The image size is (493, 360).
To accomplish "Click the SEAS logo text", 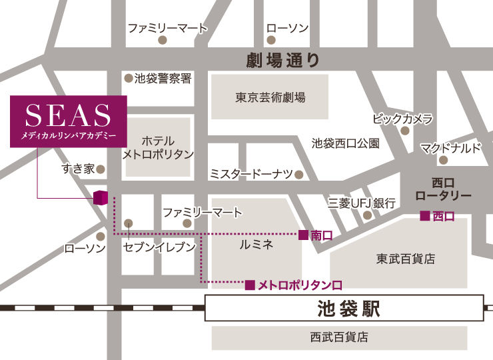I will tap(68, 115).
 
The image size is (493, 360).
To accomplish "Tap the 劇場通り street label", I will tap(283, 61).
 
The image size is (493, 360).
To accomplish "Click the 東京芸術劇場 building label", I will tap(270, 97).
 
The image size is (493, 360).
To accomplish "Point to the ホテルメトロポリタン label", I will tap(158, 147).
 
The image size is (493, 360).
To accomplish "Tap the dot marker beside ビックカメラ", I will tap(404, 131).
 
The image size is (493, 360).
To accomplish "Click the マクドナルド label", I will tap(450, 147).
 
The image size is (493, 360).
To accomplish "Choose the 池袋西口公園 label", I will tap(346, 143).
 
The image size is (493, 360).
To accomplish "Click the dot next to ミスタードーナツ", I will tap(298, 175).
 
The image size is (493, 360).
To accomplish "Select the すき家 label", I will tap(78, 169).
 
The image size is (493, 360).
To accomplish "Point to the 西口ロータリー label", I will tap(442, 188).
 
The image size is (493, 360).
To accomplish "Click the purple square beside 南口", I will tap(303, 235).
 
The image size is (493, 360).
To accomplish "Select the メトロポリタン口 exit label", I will tap(300, 285).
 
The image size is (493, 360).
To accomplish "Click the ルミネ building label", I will tap(256, 245).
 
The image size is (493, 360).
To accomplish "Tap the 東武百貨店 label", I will tap(405, 259).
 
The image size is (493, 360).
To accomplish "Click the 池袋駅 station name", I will tap(344, 310).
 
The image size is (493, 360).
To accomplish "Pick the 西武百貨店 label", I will tap(339, 337).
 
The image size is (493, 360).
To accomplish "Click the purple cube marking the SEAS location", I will tap(100, 198).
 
